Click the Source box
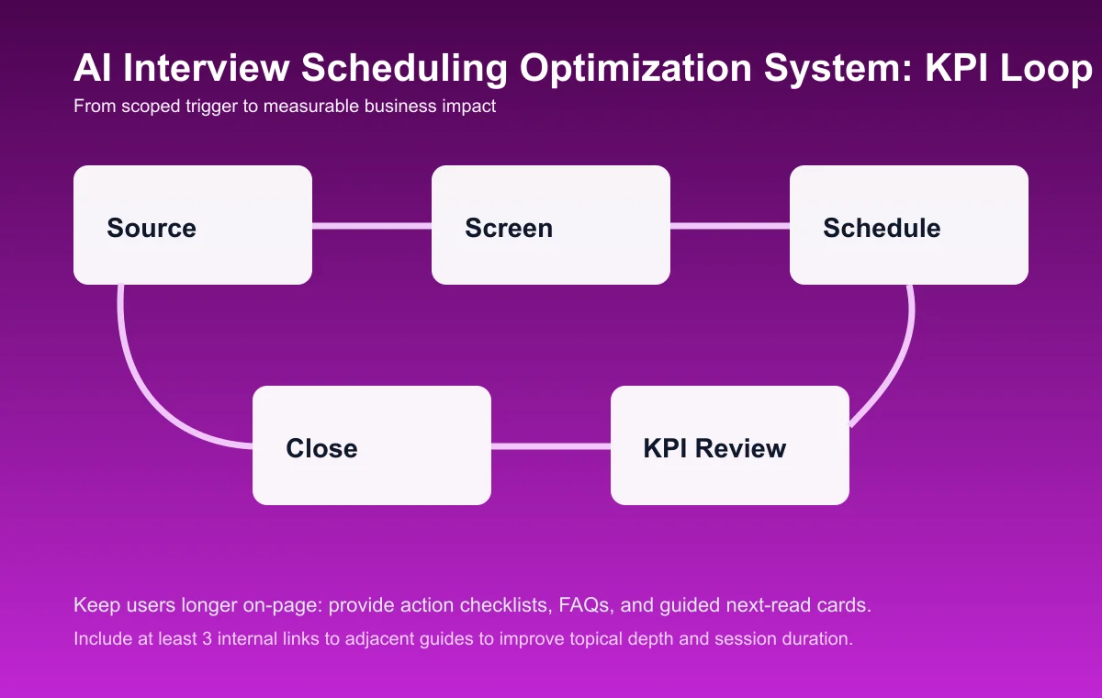193,225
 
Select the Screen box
551,225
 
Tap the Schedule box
909,225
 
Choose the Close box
372,445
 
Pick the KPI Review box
730,445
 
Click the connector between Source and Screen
372,225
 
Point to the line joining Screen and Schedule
730,225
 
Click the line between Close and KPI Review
551,446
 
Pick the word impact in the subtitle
470,107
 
